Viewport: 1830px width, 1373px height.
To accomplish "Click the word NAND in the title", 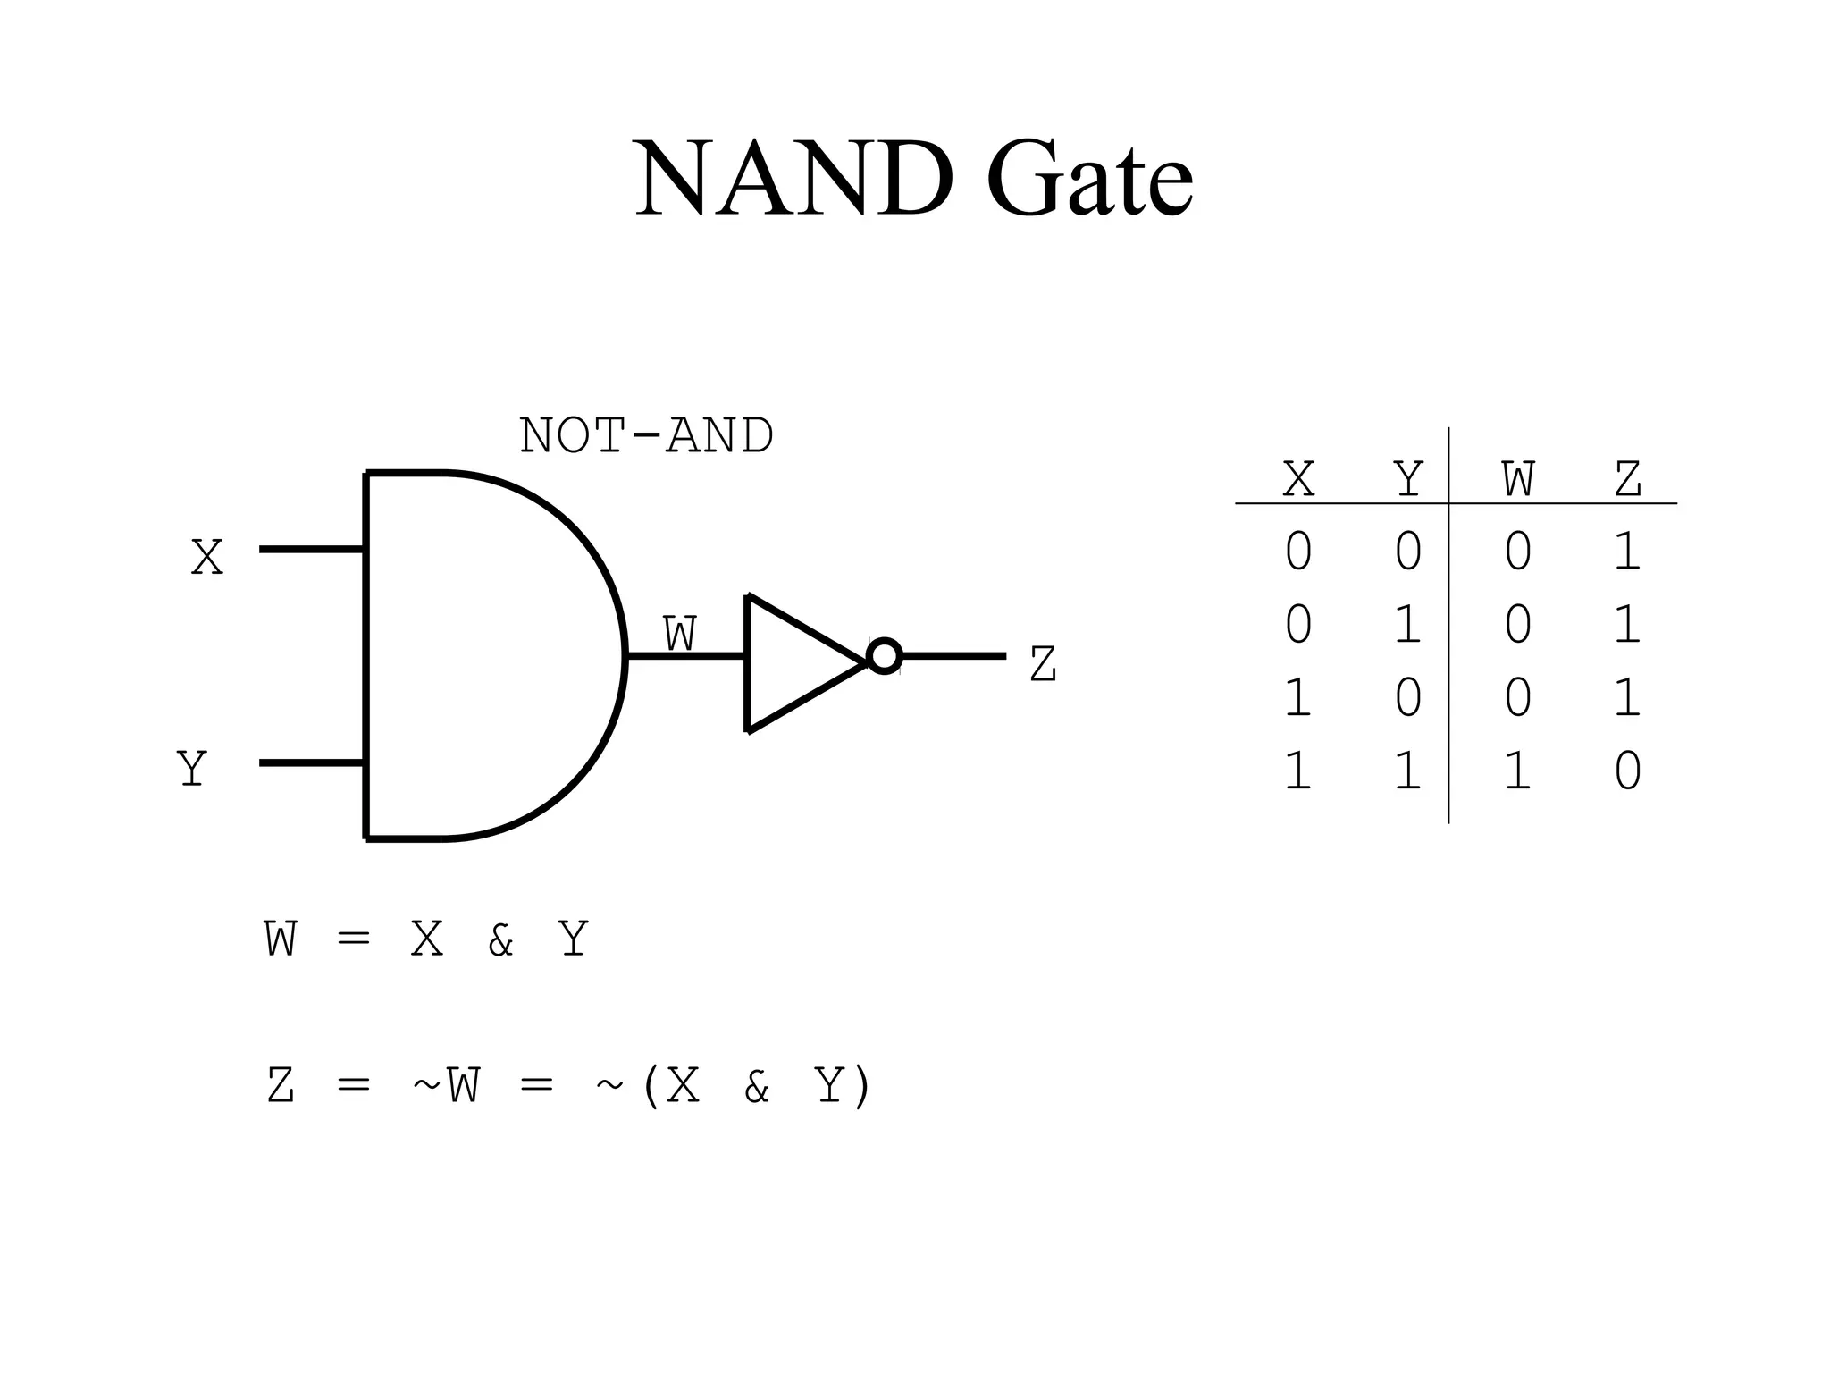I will (793, 179).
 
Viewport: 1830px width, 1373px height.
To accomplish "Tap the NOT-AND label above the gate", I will (645, 436).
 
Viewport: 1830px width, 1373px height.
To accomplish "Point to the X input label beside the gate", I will (207, 558).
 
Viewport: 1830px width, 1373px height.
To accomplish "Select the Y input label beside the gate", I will (192, 769).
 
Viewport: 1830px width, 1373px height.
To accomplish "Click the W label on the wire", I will (679, 635).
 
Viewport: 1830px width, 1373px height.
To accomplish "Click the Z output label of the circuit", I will (1043, 665).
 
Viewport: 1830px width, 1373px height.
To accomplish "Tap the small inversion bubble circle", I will (884, 656).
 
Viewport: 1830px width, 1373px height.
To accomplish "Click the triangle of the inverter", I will (795, 662).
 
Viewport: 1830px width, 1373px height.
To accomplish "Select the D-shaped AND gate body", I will (483, 656).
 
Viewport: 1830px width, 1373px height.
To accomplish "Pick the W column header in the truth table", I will (1517, 480).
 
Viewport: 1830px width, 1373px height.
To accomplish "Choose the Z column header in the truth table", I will (1627, 480).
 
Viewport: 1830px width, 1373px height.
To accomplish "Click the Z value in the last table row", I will (1627, 771).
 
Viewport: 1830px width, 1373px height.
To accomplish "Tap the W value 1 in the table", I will (1517, 771).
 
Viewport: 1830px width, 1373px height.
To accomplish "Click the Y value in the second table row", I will (1407, 625).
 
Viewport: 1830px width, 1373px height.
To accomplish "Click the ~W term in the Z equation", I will (446, 1087).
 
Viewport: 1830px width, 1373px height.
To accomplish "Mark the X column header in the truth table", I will (1298, 480).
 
